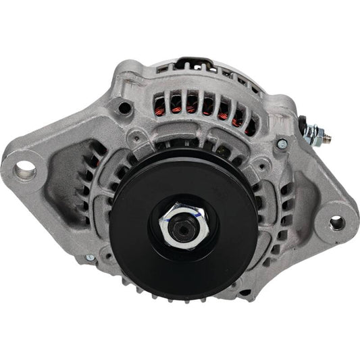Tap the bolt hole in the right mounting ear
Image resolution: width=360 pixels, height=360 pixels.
(336, 222)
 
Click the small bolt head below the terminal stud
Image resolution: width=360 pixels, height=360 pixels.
(282, 143)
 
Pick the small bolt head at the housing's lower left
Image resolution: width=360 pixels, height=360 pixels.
(90, 257)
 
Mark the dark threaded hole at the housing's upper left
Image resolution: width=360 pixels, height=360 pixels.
(123, 107)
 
